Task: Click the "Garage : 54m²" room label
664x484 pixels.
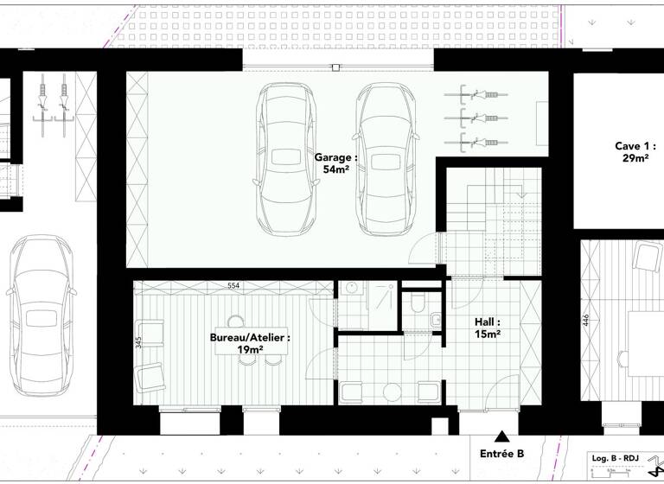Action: click(x=335, y=164)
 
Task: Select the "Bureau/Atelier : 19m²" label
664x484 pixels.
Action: click(x=251, y=344)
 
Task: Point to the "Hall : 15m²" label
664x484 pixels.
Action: click(x=488, y=328)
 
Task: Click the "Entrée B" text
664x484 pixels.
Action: click(x=501, y=454)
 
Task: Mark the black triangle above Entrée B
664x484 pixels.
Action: click(x=501, y=437)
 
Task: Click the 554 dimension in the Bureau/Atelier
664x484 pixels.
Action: click(x=233, y=285)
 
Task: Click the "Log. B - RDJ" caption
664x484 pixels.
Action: click(x=615, y=457)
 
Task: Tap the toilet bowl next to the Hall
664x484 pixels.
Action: click(x=418, y=303)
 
